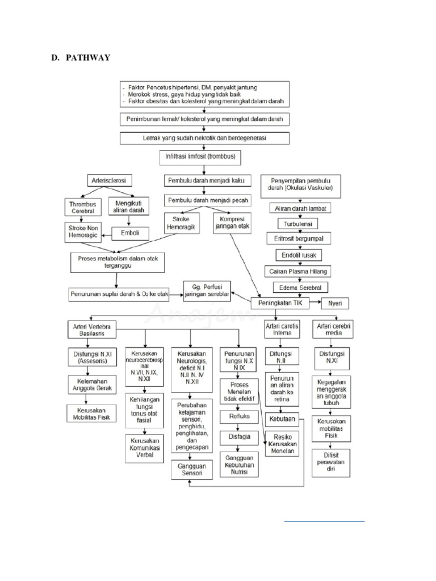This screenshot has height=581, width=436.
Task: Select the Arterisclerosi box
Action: tap(108, 180)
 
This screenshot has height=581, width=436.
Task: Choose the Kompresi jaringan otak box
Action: tap(232, 224)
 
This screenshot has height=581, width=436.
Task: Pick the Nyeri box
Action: tap(335, 304)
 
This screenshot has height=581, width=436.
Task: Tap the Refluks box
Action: tap(239, 416)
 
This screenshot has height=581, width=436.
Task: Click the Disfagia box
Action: tap(239, 437)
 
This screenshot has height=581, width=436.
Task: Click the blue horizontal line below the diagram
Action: tap(324, 519)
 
